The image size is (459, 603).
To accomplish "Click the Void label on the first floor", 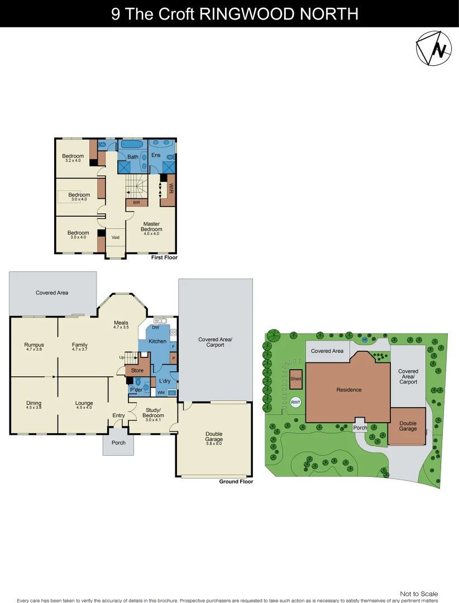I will coord(116,237).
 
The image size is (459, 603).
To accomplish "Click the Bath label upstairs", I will coord(133,157).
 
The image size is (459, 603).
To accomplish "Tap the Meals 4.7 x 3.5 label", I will coord(121,325).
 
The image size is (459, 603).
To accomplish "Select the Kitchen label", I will coord(157,341).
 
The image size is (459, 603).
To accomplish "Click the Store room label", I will coord(137,371).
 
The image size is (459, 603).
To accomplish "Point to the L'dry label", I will coord(164,381).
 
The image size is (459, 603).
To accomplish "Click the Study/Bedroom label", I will coord(152,414).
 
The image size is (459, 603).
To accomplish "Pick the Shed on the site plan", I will coord(295,379).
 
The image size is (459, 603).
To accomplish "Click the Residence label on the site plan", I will coord(349,390).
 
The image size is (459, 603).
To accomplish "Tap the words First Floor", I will coord(164,258).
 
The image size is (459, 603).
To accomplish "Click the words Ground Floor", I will coord(236,481).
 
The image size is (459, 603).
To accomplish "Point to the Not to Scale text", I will coord(419,594).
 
